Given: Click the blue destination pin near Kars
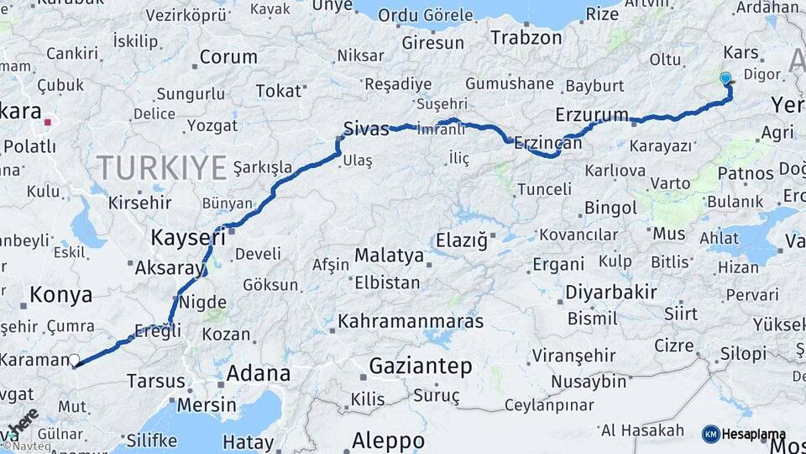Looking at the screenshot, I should point(725,78).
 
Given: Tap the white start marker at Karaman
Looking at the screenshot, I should point(74,360).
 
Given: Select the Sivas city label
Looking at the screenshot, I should point(366,129).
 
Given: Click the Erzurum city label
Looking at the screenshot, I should point(592,114).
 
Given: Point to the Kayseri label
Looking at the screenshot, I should point(189,238).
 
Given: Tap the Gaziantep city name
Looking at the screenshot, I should point(421,366).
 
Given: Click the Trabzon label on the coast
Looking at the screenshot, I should point(526,38).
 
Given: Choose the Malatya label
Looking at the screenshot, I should point(389,255).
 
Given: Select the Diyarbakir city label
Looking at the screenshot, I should point(619,293).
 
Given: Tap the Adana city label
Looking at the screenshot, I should point(259,373).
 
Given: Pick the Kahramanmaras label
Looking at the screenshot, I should point(411,321).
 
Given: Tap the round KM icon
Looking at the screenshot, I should point(710,434).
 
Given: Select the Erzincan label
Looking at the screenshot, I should point(547,144).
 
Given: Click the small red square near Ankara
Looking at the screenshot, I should point(48,122).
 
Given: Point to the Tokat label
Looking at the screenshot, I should point(278,91).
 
